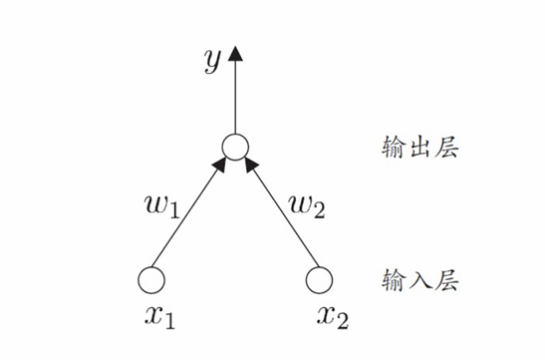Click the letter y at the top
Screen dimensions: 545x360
pos(210,62)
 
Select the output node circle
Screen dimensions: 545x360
pos(234,149)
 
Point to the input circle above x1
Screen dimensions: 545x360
pos(151,280)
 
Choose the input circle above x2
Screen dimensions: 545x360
pos(318,280)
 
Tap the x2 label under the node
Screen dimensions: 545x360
pos(332,318)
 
